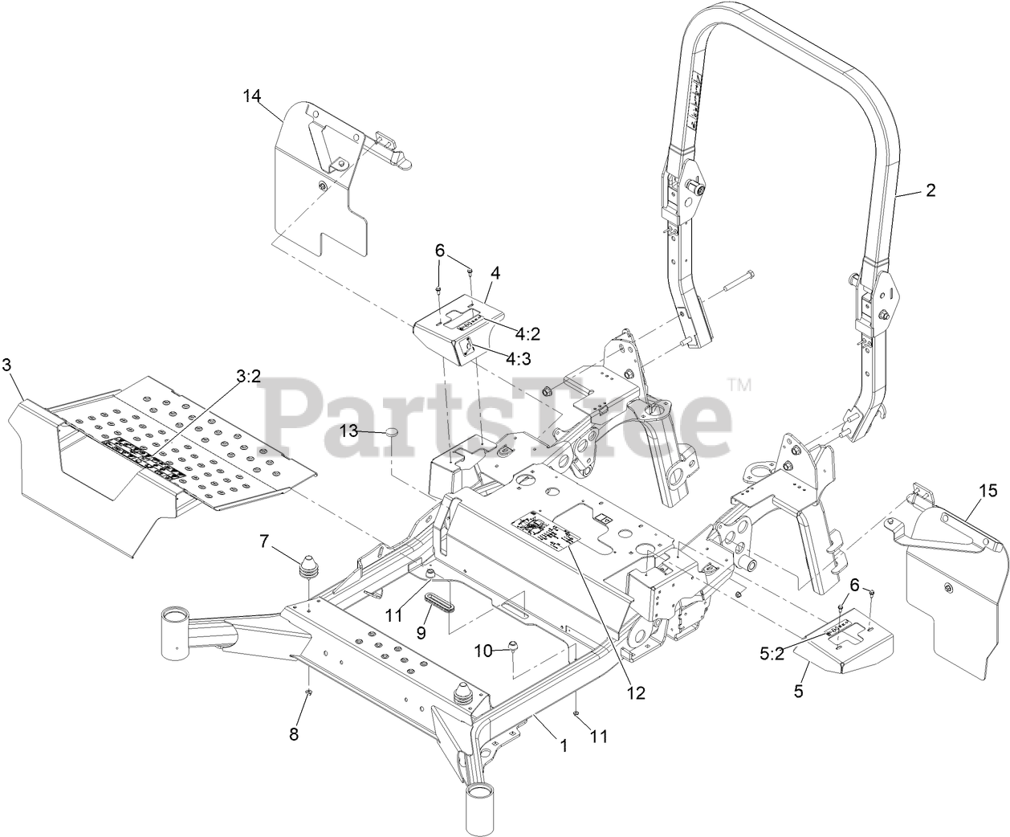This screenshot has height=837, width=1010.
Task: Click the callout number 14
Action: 252,96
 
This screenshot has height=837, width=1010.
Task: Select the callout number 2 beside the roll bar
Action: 930,190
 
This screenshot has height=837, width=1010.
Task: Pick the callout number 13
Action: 348,431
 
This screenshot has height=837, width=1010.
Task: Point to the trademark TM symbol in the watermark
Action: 739,386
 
